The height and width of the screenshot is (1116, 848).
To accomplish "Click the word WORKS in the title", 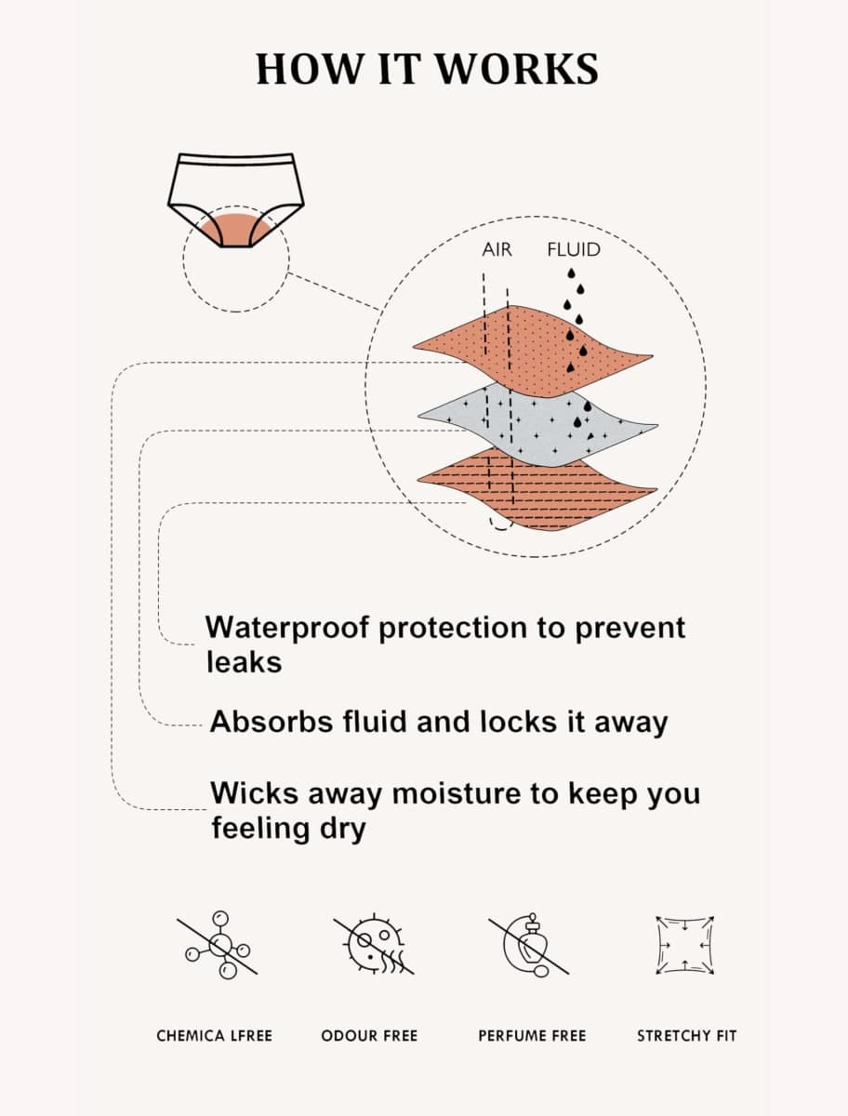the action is click(x=517, y=69).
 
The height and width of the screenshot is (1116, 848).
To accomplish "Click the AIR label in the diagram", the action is click(x=497, y=249).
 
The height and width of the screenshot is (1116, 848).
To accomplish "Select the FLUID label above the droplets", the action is click(x=574, y=249).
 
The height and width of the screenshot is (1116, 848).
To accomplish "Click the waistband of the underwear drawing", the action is click(x=236, y=159).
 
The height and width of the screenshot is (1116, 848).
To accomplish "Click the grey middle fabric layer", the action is click(x=538, y=426).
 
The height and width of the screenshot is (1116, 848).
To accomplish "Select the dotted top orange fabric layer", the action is click(x=534, y=351).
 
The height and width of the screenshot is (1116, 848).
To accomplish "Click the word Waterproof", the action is click(x=286, y=629).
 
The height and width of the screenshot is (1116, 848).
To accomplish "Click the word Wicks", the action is click(x=254, y=792).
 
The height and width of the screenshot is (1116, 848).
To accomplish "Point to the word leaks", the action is click(x=244, y=662).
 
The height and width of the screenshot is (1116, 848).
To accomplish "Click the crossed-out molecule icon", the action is click(x=218, y=945).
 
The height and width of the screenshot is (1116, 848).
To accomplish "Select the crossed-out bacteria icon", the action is click(x=374, y=945).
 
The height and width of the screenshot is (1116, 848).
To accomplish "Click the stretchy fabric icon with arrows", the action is click(x=685, y=945).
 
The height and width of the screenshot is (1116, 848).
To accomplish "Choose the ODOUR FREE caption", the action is click(x=369, y=1036).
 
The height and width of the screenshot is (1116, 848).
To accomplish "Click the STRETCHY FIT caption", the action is click(x=686, y=1036).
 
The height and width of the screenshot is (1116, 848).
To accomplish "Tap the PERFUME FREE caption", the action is click(x=532, y=1036).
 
